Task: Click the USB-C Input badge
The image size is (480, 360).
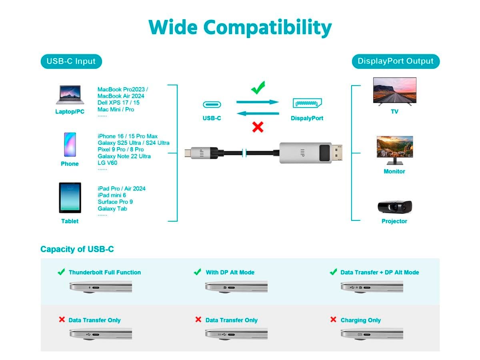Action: [71, 61]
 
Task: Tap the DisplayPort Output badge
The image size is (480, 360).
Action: [395, 61]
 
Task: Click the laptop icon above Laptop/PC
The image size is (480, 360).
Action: [70, 95]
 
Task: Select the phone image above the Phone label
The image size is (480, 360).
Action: [70, 144]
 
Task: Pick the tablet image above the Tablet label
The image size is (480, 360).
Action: [70, 198]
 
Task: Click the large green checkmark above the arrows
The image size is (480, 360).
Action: [258, 88]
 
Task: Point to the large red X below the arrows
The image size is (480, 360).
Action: [258, 127]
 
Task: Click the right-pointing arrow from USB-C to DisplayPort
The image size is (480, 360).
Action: [258, 102]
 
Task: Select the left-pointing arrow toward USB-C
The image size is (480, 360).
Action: [258, 114]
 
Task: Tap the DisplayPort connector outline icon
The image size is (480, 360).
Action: [307, 103]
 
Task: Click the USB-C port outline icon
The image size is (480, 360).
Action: [212, 104]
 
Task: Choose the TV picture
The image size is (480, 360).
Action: [394, 91]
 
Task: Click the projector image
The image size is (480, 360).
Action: [395, 206]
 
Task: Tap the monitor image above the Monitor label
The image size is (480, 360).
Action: [395, 150]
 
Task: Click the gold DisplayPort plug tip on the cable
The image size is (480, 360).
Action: [337, 152]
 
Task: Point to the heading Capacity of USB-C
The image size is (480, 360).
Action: [77, 249]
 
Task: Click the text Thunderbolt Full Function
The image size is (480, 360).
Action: [105, 272]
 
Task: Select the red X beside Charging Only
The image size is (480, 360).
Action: [333, 319]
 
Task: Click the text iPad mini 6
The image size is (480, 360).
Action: [112, 195]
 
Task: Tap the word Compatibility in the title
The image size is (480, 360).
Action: [268, 28]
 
